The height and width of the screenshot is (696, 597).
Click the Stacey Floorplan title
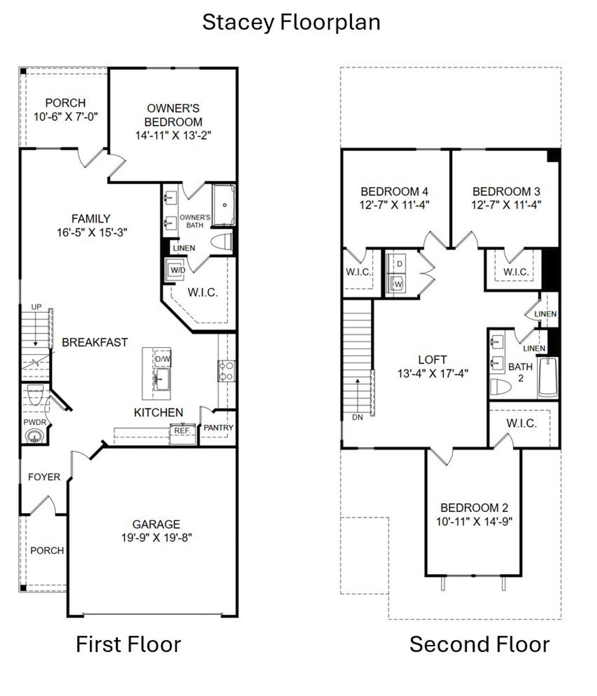coord(291,22)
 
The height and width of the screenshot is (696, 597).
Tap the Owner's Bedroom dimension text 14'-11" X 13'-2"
coord(174,135)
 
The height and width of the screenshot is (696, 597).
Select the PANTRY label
coord(218,427)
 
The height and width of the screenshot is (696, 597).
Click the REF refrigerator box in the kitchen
coord(182,431)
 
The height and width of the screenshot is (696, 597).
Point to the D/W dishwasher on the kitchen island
coord(163,359)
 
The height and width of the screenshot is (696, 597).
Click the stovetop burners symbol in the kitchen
coord(227,371)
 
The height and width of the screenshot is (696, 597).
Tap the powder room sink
coord(33,437)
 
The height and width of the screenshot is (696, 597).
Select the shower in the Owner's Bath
coord(224,205)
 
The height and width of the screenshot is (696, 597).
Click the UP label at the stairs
coord(36,306)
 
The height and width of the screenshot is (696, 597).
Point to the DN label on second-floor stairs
coord(357,418)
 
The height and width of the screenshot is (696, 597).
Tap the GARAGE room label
coord(156,524)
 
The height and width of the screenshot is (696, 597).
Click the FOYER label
coord(44,477)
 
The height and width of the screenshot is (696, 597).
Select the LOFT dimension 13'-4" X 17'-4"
coord(433,373)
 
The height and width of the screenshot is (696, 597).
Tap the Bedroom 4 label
coord(394,191)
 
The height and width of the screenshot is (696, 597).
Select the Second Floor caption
coord(479,644)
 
